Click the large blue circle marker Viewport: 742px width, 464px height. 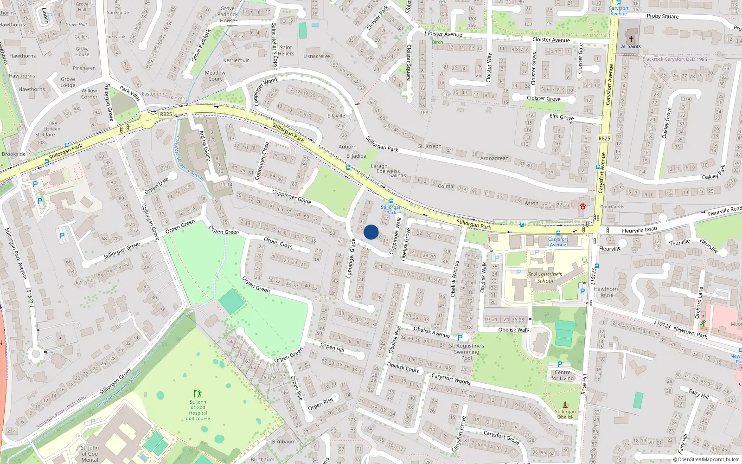click(371, 232)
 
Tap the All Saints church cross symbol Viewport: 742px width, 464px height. click(631, 39)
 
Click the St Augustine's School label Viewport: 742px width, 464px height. click(545, 277)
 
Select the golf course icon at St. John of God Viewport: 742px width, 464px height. click(198, 393)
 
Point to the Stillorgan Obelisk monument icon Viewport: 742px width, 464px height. click(565, 405)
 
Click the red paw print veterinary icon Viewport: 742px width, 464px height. click(582, 206)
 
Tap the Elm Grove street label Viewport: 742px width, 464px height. click(562, 117)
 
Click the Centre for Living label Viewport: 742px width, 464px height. click(563, 375)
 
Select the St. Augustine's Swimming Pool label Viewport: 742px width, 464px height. click(467, 352)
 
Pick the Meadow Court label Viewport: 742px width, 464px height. click(215, 76)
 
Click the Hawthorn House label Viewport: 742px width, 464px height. click(606, 292)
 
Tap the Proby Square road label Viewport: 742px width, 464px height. click(662, 16)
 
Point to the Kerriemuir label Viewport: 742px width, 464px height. click(236, 60)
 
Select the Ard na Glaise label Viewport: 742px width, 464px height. click(205, 145)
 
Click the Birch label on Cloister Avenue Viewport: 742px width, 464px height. click(437, 42)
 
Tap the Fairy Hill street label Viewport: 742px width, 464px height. click(698, 394)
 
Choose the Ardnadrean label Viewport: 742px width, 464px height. click(494, 158)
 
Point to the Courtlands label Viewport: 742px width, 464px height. click(612, 207)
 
